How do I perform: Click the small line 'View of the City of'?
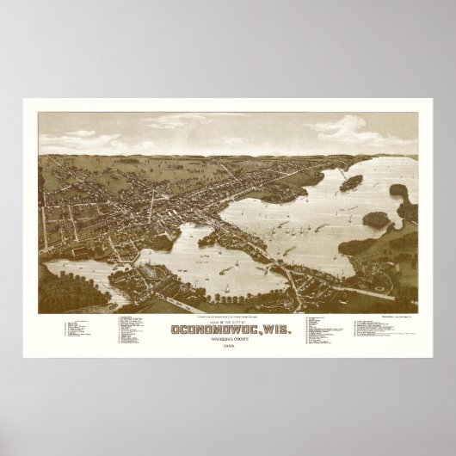pyautogui.click(x=227, y=318)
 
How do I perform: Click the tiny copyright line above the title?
pyautogui.click(x=227, y=312)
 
